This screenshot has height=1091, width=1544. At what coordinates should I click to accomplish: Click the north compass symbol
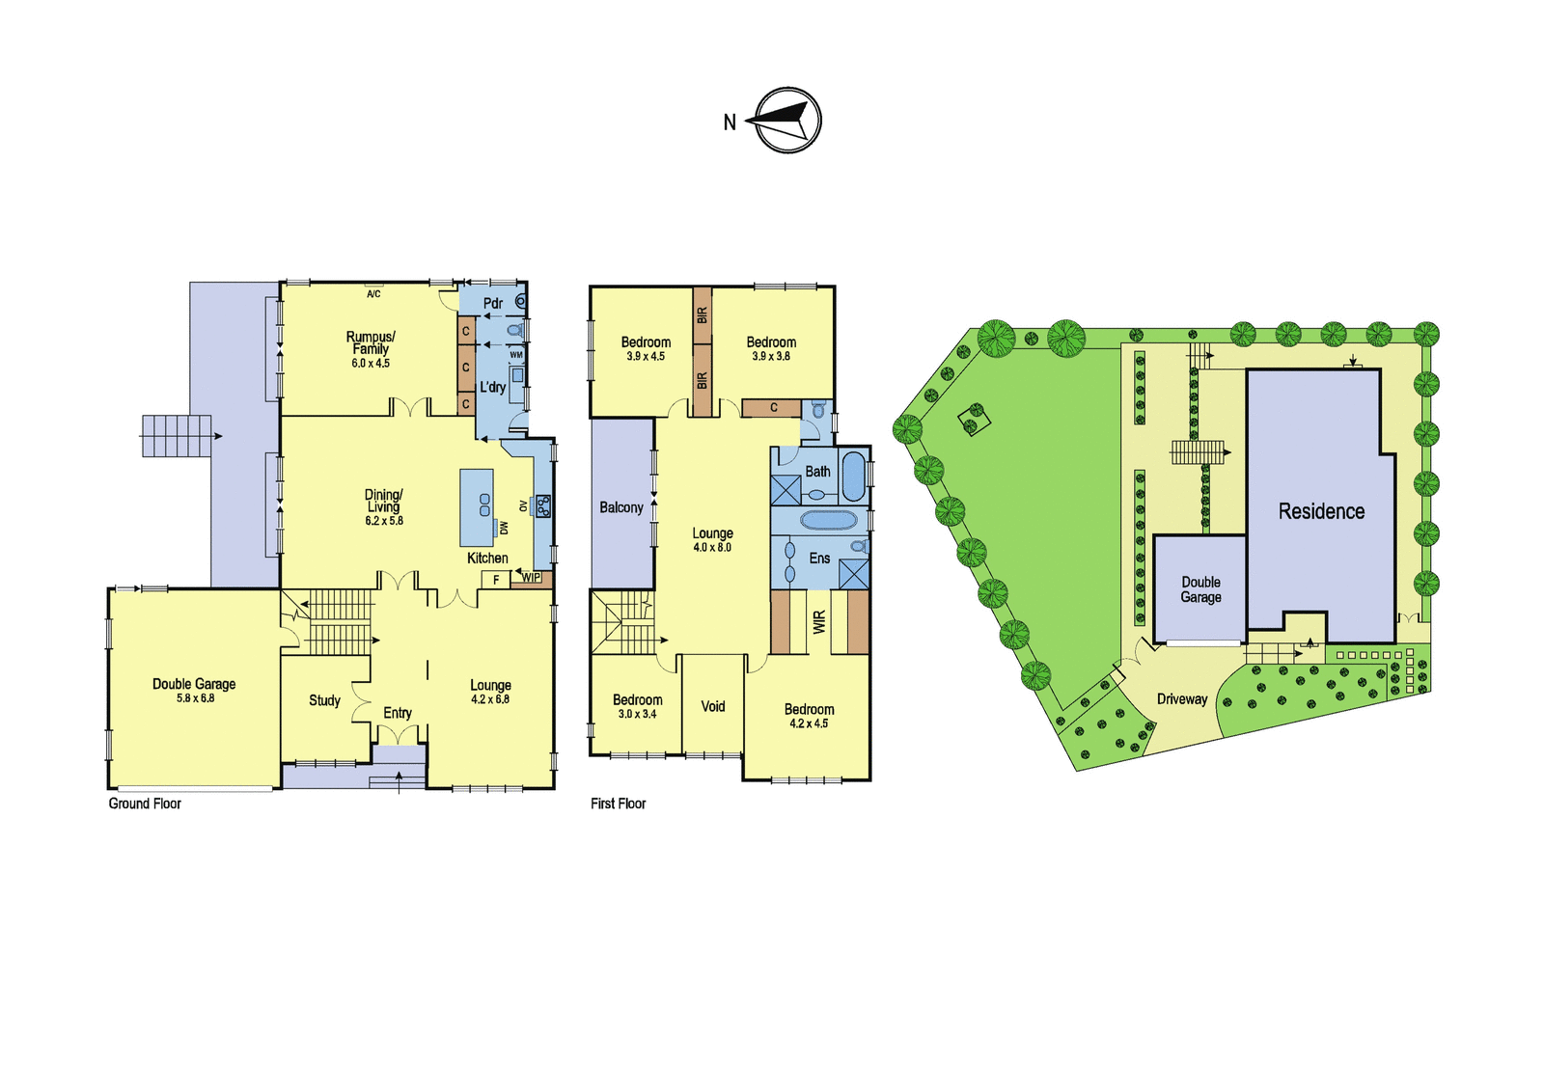coord(788,121)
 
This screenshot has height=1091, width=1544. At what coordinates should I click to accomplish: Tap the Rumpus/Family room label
coord(371,349)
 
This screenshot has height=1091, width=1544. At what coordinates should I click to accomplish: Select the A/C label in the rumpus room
coord(373,294)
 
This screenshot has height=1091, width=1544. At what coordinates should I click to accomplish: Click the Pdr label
coord(493,303)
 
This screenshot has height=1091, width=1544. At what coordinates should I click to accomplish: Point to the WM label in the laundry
coord(516,355)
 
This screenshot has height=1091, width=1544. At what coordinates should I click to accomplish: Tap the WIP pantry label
coord(531,578)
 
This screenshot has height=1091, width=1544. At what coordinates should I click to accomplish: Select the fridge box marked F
coord(496,581)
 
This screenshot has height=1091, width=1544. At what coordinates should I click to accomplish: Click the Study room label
coord(324,701)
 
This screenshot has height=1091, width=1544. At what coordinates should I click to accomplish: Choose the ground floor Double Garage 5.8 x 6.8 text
coord(194,690)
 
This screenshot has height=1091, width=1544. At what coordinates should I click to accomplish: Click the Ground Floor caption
coord(145,804)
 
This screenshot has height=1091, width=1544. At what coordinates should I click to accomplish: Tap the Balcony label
coord(621,508)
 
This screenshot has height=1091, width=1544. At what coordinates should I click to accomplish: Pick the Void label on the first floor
coord(713,706)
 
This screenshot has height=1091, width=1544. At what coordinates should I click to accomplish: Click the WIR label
coord(819,622)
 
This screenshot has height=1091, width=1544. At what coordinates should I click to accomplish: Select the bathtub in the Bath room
coord(853,477)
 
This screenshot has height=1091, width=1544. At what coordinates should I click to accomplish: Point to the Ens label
coord(819,559)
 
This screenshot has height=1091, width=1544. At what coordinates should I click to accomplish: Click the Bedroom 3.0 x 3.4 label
coord(638,706)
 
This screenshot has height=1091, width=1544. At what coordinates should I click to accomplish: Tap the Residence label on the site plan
coord(1321,511)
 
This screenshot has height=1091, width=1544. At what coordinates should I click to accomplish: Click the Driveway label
coord(1182,699)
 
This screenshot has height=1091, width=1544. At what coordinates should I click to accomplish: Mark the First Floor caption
coord(619,804)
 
